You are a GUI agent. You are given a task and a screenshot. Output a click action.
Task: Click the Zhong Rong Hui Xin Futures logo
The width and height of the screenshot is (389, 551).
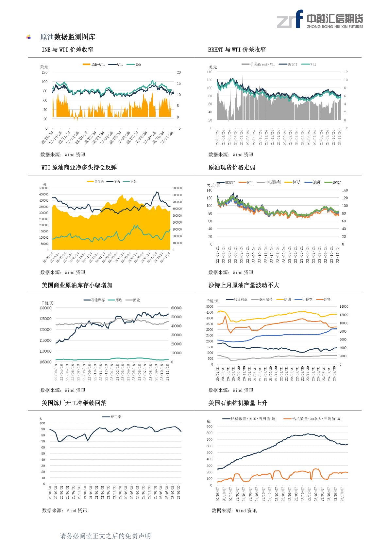pos(320,19)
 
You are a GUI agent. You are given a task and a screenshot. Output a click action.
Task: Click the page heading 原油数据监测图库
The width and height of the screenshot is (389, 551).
pos(68,37)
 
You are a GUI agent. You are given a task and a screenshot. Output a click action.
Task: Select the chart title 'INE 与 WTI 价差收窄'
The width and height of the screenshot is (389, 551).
pos(67,50)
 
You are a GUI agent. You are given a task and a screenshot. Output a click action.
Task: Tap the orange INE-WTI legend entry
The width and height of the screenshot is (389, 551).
pos(94,64)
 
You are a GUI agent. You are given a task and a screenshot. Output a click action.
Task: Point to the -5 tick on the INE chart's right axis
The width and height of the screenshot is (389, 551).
pos(179,128)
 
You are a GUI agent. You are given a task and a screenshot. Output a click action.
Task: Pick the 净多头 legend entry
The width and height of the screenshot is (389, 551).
pos(95,181)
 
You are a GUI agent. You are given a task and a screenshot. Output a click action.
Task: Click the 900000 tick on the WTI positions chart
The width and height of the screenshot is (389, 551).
pos(177,188)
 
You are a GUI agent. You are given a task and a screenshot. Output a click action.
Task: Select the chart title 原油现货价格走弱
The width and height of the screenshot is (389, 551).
pos(232,168)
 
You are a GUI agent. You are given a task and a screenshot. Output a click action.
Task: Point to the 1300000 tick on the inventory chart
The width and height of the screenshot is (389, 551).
pos(45,308)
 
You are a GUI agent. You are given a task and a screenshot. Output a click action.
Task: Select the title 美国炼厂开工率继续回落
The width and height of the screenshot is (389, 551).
pos(74,403)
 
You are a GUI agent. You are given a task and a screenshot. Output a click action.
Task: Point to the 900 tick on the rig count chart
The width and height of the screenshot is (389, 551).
pos(209,427)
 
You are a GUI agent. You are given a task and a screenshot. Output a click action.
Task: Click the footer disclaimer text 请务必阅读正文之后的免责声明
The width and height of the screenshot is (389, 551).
pos(105,536)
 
